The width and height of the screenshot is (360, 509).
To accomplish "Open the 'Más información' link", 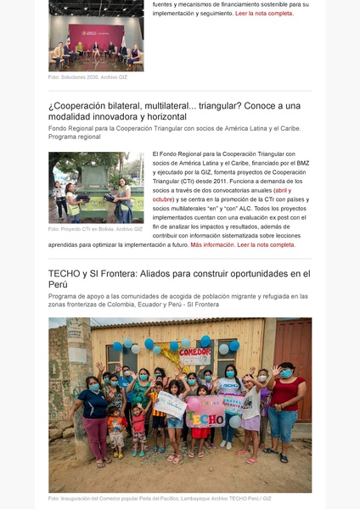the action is [x=212, y=244].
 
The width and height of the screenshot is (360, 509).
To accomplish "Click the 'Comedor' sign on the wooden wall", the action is [x=194, y=350].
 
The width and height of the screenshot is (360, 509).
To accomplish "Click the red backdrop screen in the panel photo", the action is [x=95, y=34].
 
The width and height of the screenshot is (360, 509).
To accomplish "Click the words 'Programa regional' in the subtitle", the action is [x=75, y=137].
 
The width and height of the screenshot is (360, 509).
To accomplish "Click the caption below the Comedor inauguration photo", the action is [x=160, y=499].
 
